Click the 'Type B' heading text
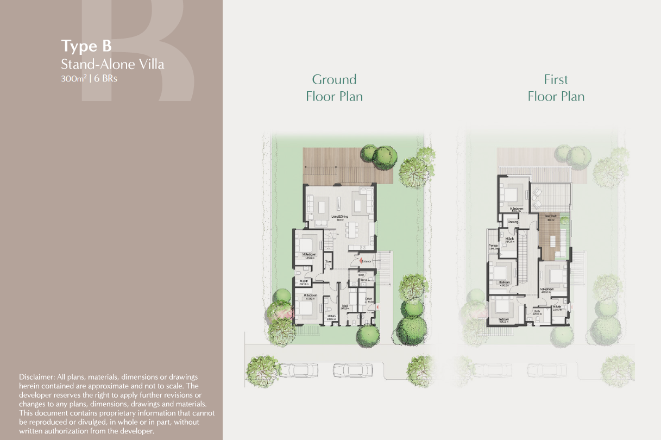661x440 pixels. [x=86, y=46]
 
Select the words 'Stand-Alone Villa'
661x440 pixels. [x=112, y=65]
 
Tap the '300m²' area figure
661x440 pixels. [x=74, y=78]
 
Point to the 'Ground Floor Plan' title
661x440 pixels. [x=334, y=88]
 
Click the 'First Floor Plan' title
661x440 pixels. [x=556, y=88]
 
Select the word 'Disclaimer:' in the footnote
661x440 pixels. [x=36, y=376]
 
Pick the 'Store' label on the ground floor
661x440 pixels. [x=328, y=262]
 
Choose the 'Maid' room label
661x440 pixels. [x=345, y=306]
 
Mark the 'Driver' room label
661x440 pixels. [x=368, y=298]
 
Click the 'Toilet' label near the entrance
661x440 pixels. [x=360, y=275]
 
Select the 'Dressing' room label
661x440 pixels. [x=513, y=222]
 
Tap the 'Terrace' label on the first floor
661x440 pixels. [x=493, y=246]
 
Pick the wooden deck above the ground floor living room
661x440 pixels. [x=348, y=165]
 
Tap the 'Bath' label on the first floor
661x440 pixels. [x=536, y=311]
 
